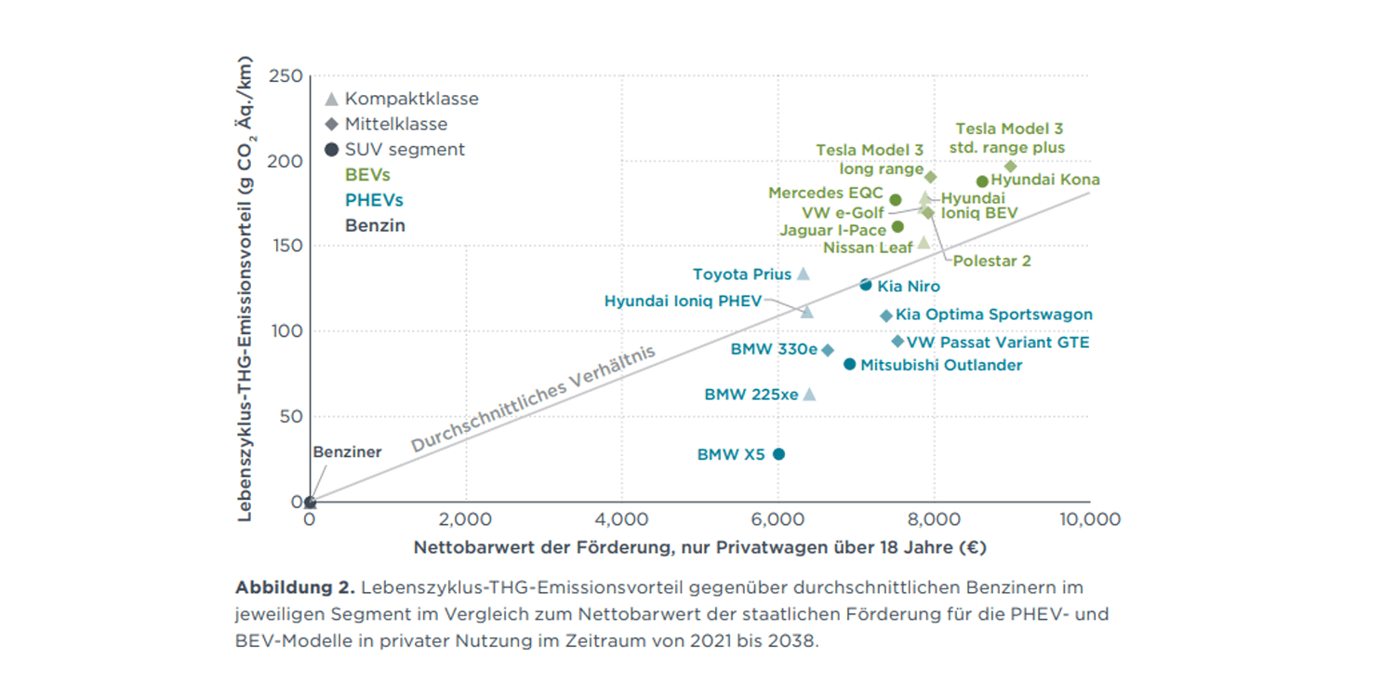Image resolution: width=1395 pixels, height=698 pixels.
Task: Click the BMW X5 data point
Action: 778,454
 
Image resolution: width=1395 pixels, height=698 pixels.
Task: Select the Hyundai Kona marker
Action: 982,181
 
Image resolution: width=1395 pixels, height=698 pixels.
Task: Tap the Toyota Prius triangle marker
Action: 804,274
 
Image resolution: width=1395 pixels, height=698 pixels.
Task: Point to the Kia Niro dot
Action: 866,285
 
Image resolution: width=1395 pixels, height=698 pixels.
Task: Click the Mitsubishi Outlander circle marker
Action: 849,364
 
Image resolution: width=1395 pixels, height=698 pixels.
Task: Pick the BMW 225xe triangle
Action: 809,395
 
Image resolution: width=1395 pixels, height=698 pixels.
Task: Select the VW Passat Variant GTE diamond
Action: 897,342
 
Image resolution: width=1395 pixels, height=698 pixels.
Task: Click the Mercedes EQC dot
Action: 896,200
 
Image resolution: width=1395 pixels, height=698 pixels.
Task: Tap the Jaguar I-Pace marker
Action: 897,226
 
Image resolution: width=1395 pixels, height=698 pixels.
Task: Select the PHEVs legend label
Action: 374,200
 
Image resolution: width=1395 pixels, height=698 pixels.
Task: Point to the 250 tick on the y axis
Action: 286,75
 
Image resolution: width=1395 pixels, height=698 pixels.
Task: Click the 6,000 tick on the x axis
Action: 777,519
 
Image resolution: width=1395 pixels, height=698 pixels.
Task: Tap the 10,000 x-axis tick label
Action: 1089,519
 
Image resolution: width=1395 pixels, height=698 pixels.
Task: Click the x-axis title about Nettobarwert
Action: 699,548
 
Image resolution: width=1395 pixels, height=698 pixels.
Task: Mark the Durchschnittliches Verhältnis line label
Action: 534,400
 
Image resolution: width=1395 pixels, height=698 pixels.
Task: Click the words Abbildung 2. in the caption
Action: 295,588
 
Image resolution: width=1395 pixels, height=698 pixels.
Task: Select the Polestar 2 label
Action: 991,262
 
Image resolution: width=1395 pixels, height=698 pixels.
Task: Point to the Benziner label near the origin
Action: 347,452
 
